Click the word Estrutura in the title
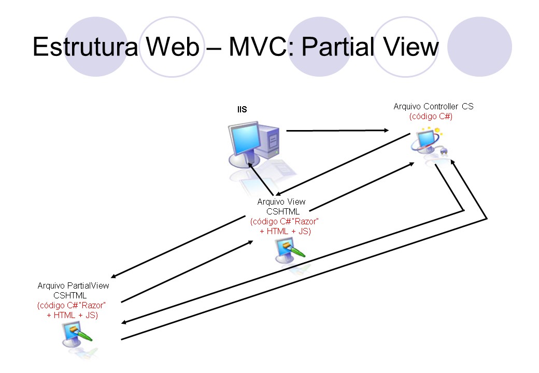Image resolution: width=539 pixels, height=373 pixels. [85, 47]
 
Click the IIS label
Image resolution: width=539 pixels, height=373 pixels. [242, 110]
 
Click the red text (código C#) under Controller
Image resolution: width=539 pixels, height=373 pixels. [431, 117]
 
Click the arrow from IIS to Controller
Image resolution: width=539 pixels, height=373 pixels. [337, 131]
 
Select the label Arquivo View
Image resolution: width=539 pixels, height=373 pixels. [281, 202]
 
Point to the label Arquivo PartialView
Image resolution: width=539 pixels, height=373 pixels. [73, 285]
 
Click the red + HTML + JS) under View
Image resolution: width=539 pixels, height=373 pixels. [285, 231]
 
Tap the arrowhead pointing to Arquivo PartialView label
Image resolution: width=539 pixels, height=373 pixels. [114, 276]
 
